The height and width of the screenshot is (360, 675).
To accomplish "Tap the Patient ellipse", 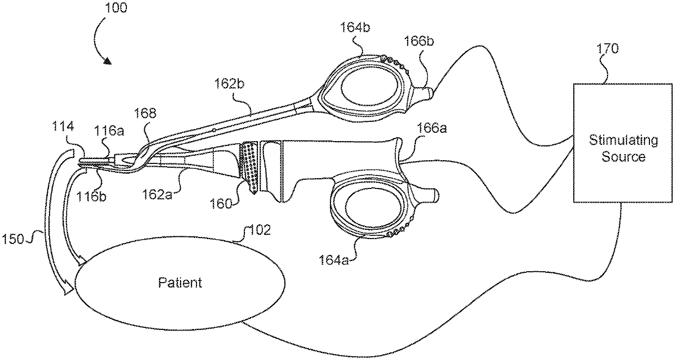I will [180, 283].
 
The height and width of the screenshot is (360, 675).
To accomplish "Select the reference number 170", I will [607, 48].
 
